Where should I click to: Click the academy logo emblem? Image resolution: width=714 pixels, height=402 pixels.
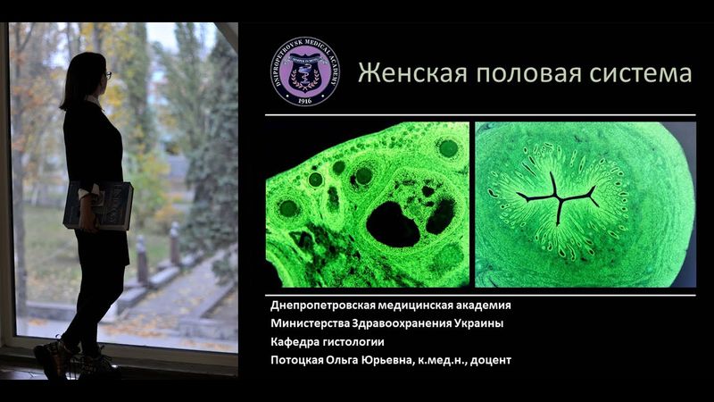coord(304,71)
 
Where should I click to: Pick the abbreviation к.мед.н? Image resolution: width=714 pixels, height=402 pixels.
coord(437,360)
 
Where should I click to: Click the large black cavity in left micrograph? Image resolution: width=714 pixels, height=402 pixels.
coord(393,223)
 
